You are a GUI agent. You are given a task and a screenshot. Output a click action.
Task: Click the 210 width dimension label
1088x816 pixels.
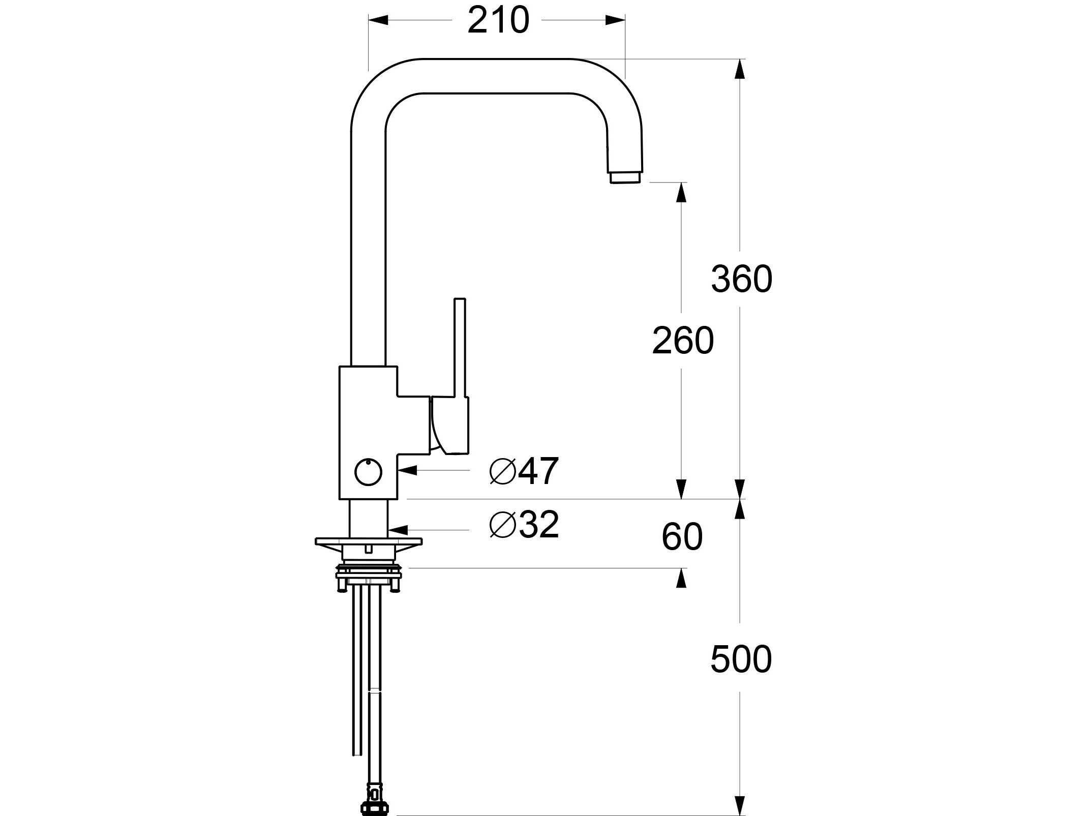[x=498, y=21]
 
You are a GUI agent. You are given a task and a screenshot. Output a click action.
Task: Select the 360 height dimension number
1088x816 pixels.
[x=741, y=279]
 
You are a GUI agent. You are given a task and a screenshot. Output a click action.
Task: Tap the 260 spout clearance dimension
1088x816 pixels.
[x=683, y=341]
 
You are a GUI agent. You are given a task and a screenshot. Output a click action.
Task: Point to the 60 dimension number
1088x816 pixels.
[x=682, y=537]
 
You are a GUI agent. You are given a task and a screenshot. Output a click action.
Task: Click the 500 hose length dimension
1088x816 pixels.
[x=741, y=659]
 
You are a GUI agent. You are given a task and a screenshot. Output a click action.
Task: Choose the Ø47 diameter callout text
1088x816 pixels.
[x=524, y=471]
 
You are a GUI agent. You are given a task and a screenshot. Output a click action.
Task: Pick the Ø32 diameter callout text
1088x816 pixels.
[x=524, y=525]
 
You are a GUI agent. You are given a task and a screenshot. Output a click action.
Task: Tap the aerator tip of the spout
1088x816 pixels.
[x=626, y=177]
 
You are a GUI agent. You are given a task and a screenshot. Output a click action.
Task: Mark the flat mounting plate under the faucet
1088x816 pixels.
[x=369, y=541]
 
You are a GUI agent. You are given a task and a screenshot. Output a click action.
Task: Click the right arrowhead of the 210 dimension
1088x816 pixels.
[x=615, y=20]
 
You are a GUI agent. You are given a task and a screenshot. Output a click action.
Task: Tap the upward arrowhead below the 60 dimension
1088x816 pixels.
[x=682, y=578]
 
